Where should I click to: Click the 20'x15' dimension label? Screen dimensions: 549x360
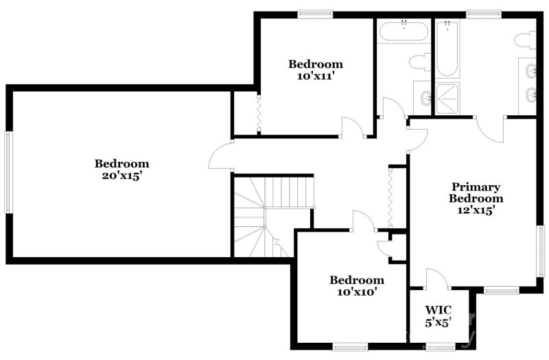coord(121,176)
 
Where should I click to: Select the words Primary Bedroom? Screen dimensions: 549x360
coord(476,193)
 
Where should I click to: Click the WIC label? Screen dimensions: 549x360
coord(438,310)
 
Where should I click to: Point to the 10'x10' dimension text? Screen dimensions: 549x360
coord(357,291)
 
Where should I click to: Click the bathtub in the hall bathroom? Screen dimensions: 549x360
coord(404,31)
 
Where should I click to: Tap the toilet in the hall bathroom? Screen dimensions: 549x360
coord(420,62)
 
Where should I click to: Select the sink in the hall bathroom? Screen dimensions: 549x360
coord(426,97)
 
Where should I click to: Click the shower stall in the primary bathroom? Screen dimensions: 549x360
coord(447,99)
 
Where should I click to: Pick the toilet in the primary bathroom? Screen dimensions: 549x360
coord(525,40)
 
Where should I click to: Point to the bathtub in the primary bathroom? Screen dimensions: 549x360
coord(447,49)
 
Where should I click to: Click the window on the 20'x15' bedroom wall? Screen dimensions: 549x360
coord(8,172)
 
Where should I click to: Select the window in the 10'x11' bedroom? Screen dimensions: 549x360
coord(315,14)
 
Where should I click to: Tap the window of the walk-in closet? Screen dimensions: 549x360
coord(440,347)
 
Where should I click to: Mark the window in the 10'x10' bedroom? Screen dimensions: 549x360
coord(350,347)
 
